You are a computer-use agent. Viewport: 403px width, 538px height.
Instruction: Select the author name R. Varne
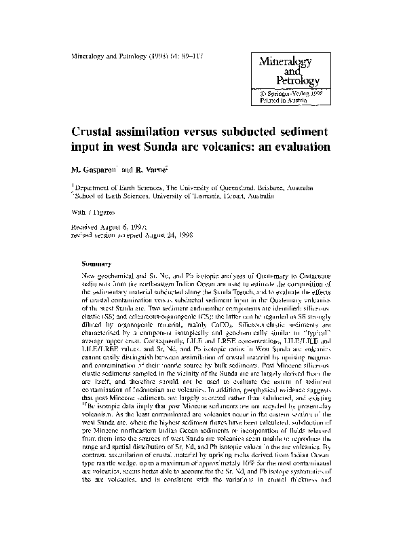[x=145, y=168]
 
